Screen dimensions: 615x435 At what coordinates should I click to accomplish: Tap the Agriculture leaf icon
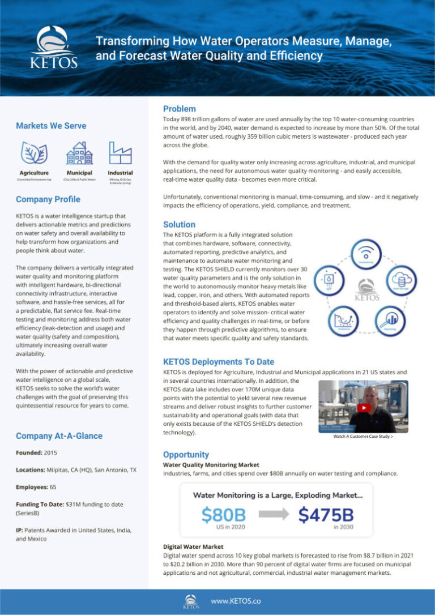[x=34, y=153]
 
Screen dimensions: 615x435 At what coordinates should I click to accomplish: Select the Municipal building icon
[x=79, y=153]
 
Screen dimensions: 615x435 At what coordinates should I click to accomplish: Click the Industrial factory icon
[x=120, y=153]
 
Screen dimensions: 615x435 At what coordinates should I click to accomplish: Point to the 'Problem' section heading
[x=179, y=109]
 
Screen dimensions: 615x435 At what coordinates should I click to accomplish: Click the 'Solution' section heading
[x=179, y=224]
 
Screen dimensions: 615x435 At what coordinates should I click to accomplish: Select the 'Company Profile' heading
[x=48, y=199]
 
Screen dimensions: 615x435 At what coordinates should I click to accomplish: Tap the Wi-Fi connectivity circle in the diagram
[x=369, y=256]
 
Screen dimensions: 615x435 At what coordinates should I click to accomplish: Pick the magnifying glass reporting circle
[x=390, y=322]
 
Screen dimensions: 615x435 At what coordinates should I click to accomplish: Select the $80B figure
[x=223, y=515]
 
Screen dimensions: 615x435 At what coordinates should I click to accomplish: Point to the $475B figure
[x=326, y=515]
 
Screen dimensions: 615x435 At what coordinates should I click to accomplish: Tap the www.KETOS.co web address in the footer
[x=236, y=601]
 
